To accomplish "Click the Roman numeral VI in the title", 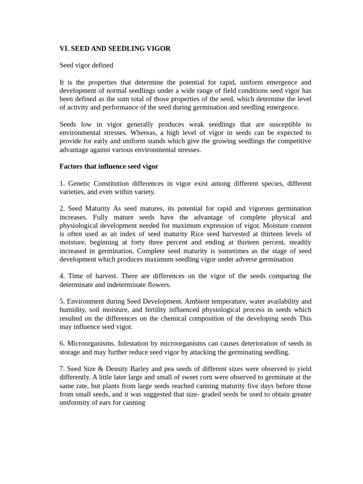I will tap(64, 49).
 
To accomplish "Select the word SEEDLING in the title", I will tap(123, 49).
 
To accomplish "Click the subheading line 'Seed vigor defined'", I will tap(86, 65).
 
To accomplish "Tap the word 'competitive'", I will tap(293, 141).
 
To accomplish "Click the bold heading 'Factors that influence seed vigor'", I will tap(109, 166).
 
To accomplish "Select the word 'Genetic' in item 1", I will tap(79, 183).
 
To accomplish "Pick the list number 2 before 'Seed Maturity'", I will tap(61, 208).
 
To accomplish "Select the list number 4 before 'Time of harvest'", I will tap(61, 276).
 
